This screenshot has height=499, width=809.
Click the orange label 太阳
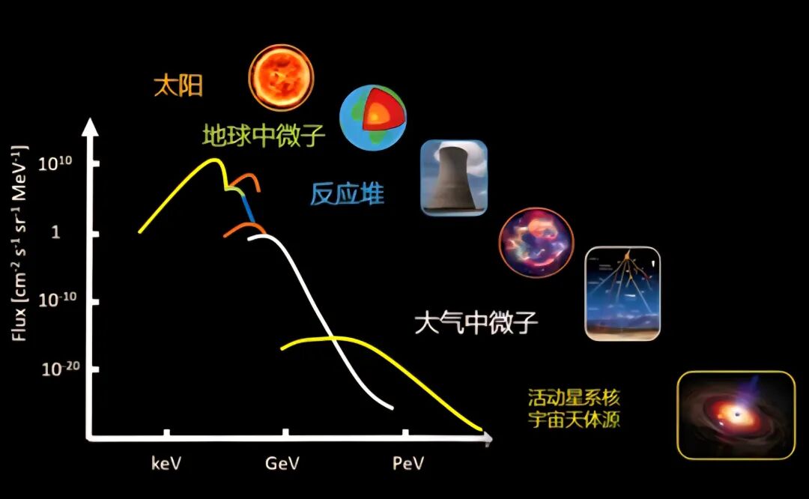pos(178,85)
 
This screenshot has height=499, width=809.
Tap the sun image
pos(281,77)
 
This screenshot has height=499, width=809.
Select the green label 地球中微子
pos(264,135)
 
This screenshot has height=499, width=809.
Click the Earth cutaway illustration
pos(373,118)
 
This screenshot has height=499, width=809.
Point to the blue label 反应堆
pos(348,194)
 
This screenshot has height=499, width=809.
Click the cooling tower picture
pos(454,178)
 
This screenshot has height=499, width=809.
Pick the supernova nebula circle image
pos(536,243)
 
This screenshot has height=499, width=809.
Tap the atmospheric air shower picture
pos(622,294)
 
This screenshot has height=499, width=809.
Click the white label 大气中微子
pos(476,322)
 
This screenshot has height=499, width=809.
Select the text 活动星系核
pos(574,398)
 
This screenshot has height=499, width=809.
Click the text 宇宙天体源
pos(574,419)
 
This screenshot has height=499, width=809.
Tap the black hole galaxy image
pos(736,415)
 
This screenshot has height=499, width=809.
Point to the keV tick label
pos(166,463)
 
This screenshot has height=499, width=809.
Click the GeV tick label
pos(282,463)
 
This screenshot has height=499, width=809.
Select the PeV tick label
pos(408,463)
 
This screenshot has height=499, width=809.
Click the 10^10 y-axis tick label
pos(55,163)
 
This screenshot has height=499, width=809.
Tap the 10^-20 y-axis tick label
pos(61,369)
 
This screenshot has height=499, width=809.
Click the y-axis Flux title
pos(19,243)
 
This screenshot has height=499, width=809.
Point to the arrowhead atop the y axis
pos(91,127)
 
